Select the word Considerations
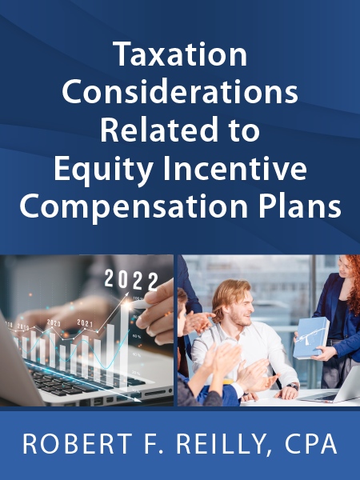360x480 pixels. [180, 92]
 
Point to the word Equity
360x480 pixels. [104, 170]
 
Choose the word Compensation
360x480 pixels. [134, 207]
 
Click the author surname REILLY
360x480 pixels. [221, 443]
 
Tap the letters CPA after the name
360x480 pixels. [310, 443]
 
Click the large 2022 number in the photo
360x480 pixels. [131, 280]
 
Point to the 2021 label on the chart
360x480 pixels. [85, 322]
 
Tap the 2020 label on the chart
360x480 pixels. [54, 322]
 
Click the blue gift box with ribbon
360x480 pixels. [310, 337]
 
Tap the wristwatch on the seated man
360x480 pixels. [293, 386]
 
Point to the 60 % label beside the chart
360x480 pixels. [137, 337]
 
